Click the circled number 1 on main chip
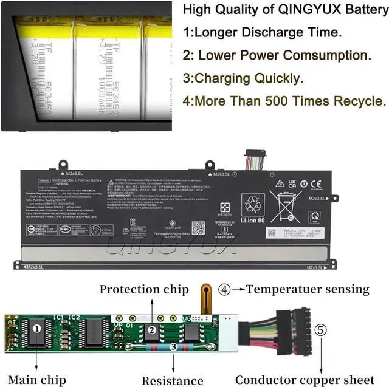(x=36, y=329)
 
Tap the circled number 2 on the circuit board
(x=153, y=330)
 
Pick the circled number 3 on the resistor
(x=173, y=348)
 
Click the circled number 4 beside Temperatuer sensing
(x=225, y=290)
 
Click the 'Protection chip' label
(x=144, y=290)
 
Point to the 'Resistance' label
(x=173, y=381)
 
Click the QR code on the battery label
(x=198, y=228)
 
